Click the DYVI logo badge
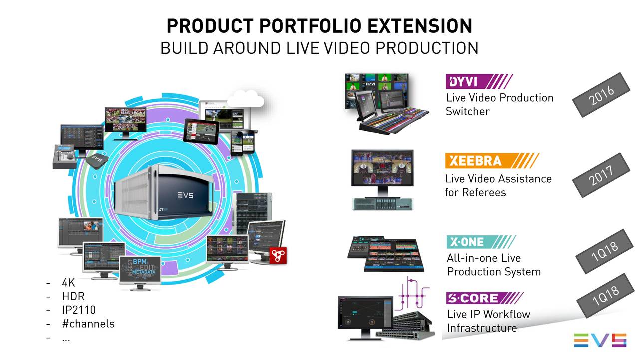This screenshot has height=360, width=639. [x=478, y=81]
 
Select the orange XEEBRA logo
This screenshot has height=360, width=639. [x=491, y=161]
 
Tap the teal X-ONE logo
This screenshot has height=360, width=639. [x=481, y=242]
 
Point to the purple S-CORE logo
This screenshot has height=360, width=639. [x=484, y=298]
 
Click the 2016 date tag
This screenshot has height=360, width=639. [x=601, y=95]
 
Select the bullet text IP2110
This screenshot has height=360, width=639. [x=78, y=310]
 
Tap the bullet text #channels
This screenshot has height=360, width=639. [x=88, y=324]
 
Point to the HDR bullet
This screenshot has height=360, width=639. [x=73, y=296]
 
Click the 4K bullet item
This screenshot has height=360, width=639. [x=68, y=283]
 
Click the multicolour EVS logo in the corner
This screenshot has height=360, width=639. [x=599, y=340]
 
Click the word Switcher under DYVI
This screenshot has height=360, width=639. [x=467, y=111]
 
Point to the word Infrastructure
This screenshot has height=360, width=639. [x=481, y=328]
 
